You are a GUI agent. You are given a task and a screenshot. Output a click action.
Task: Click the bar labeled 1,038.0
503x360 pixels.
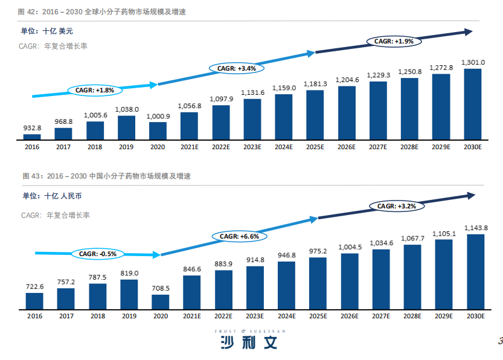coord(126,127)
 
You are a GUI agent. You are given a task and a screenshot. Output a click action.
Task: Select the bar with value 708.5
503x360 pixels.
coord(161,302)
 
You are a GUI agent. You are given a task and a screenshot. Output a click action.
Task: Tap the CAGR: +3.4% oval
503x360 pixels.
coord(237,68)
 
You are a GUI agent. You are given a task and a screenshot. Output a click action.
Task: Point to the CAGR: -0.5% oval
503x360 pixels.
coord(98,254)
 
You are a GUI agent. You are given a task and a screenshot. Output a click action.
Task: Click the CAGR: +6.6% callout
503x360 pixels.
coord(239,236)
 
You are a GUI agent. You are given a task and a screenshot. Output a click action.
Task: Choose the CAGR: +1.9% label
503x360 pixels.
coord(394,42)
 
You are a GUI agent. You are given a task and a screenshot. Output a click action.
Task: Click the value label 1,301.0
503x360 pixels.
coord(473,62)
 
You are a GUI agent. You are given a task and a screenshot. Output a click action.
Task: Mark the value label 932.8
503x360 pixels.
coord(32,128)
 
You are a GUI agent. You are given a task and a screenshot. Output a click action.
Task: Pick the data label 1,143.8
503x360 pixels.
coord(476,228)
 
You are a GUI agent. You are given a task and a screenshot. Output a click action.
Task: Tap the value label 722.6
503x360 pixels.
coord(34,286)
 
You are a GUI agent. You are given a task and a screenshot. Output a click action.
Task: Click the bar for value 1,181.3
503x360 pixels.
coord(315,115)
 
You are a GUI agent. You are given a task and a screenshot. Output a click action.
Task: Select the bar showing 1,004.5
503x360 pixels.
coord(350,281)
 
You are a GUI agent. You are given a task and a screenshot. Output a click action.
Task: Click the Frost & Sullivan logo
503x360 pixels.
coord(250,339)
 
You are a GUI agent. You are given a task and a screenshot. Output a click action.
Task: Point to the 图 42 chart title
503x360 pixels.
coord(101,12)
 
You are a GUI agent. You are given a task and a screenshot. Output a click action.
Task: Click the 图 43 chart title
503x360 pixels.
coord(106,176)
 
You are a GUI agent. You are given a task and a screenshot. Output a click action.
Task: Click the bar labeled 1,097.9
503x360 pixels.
coord(221,123)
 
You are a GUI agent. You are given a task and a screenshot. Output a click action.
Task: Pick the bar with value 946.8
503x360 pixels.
coord(286,286)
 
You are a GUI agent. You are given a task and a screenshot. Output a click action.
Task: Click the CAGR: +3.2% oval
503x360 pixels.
coord(397,206)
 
